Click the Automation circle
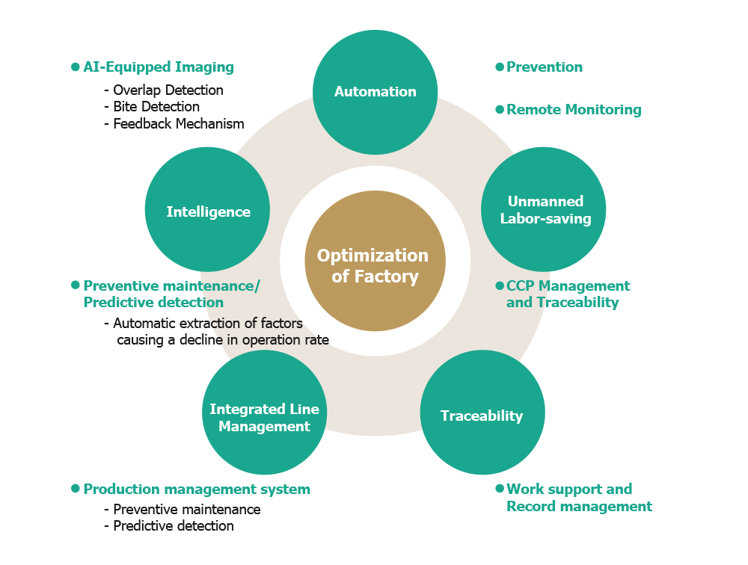375,92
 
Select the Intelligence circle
208,212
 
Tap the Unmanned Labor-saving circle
543,210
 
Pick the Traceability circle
482,416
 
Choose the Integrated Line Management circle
264,418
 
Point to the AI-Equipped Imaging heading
159,67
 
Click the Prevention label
544,67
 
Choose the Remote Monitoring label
574,110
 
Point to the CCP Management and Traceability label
568,294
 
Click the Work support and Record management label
578,498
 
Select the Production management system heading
197,490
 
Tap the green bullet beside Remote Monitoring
500,110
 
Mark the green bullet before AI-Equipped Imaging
76,67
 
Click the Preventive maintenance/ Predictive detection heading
171,294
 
